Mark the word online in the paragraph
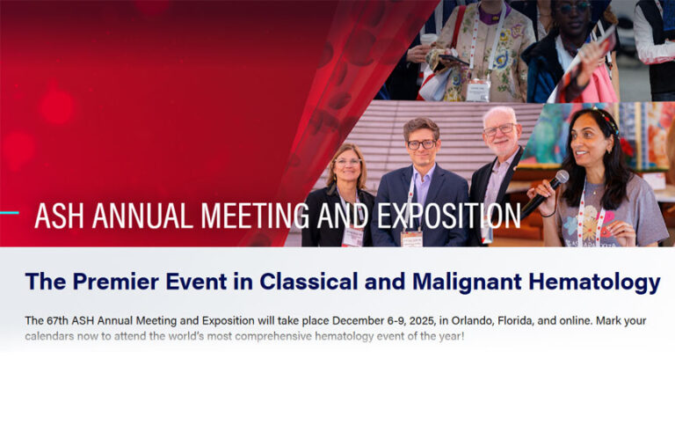558,319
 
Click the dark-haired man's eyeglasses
422,144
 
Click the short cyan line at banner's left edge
9,212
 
